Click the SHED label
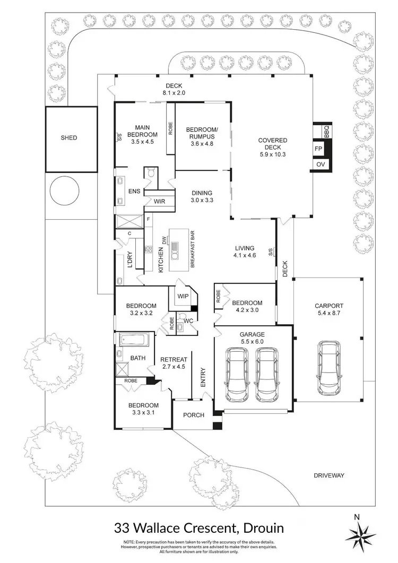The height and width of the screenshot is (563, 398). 68,138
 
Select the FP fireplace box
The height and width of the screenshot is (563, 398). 319,149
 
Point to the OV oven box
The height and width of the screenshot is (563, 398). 321,165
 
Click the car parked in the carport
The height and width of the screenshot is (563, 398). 328,368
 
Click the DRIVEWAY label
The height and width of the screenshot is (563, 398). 330,475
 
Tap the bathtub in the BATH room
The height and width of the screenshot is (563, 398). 136,340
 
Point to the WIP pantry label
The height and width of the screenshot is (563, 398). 183,296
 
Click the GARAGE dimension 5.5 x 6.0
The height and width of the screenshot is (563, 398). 253,342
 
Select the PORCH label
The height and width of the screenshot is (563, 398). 193,414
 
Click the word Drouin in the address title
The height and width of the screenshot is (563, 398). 258,528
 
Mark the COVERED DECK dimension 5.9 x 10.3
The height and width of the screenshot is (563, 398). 272,154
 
